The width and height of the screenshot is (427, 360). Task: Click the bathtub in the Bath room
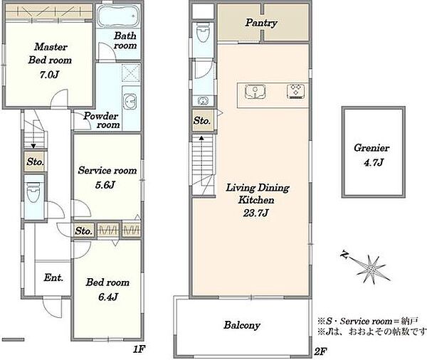[x=118, y=16]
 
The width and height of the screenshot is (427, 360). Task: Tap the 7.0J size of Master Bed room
[x=49, y=74]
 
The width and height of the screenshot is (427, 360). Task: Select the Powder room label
[x=101, y=120]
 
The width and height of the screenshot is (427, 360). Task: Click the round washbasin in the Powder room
[x=130, y=101]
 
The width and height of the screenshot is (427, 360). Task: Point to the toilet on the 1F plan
[x=33, y=192]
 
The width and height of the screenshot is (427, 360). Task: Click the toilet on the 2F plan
[x=203, y=33]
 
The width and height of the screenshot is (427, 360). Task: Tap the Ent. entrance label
[x=53, y=277]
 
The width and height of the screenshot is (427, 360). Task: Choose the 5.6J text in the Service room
[x=105, y=185]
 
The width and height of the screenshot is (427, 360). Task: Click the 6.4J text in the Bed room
[x=108, y=297]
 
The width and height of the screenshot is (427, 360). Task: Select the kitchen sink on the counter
[x=255, y=91]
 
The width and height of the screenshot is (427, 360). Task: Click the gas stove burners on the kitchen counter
[x=296, y=91]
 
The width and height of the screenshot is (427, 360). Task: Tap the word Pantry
[x=261, y=23]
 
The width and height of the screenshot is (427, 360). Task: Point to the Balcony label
[x=242, y=325]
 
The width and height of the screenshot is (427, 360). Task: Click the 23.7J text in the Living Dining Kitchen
[x=255, y=213]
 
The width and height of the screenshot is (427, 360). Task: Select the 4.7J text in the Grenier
[x=374, y=163]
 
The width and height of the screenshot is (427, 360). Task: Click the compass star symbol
[x=371, y=269]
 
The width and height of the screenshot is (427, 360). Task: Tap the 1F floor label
[x=139, y=349]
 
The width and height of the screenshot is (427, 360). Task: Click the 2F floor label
[x=320, y=351]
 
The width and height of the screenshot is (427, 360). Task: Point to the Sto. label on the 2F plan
[x=202, y=120]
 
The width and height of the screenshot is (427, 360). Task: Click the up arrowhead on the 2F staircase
[x=201, y=138]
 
